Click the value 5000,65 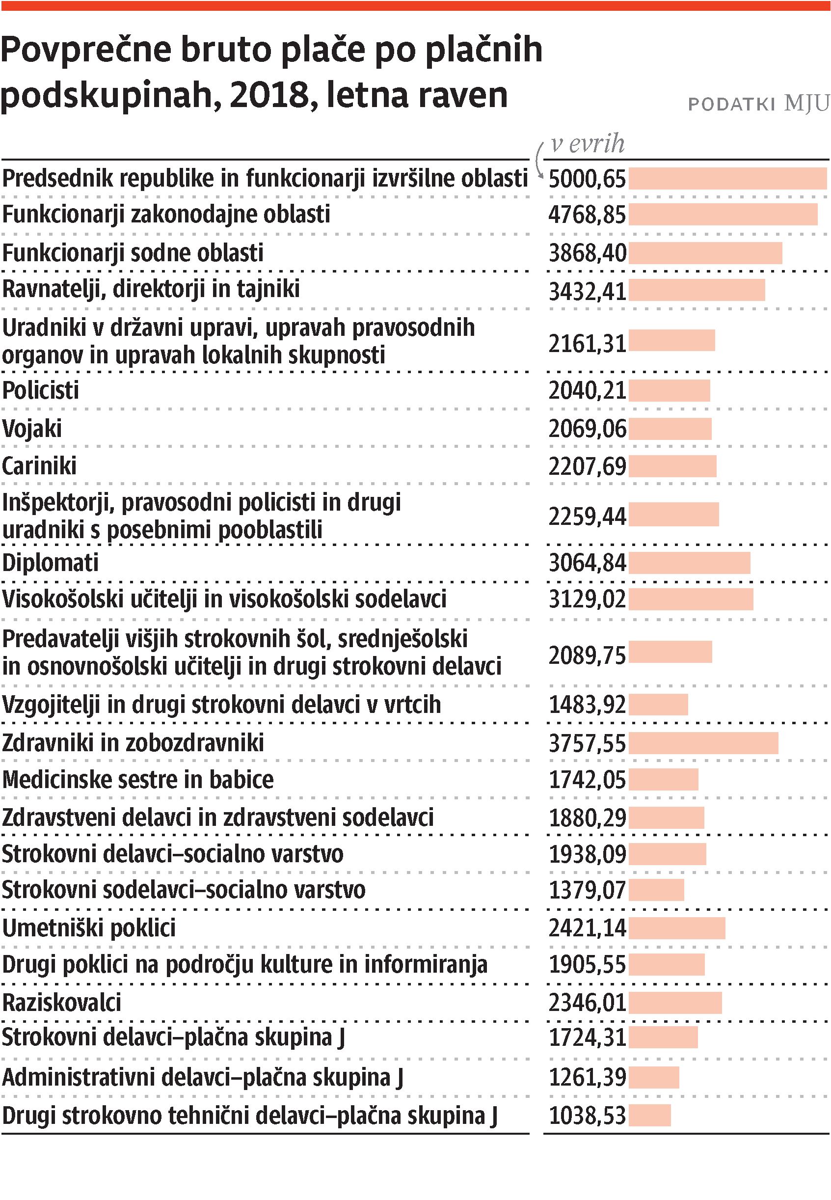click(x=587, y=179)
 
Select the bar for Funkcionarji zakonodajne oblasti click(x=723, y=215)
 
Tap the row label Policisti click(x=41, y=391)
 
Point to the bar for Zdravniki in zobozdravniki click(x=703, y=743)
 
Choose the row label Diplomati click(x=51, y=563)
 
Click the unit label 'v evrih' click(x=588, y=144)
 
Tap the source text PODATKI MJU click(x=758, y=104)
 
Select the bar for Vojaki click(x=670, y=429)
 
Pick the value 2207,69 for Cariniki click(x=587, y=466)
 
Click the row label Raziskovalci click(x=61, y=1003)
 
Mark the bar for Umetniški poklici click(x=676, y=928)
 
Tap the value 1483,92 click(x=587, y=705)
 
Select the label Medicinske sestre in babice click(x=138, y=780)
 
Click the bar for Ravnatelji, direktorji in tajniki click(x=697, y=290)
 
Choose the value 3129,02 click(x=587, y=599)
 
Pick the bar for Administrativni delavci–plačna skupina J click(x=653, y=1078)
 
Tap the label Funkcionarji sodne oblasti click(x=133, y=253)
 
